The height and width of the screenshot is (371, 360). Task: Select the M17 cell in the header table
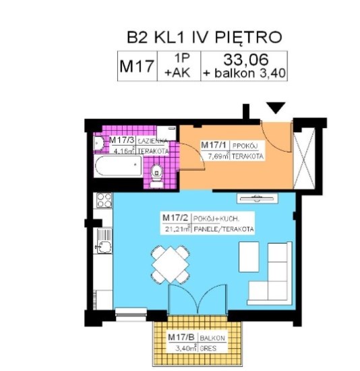136,66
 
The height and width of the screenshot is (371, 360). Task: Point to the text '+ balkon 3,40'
245,73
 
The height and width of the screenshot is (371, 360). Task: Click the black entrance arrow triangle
276,108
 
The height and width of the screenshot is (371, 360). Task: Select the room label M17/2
175,219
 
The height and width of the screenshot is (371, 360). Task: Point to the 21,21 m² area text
177,229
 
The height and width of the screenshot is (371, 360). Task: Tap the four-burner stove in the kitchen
104,200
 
